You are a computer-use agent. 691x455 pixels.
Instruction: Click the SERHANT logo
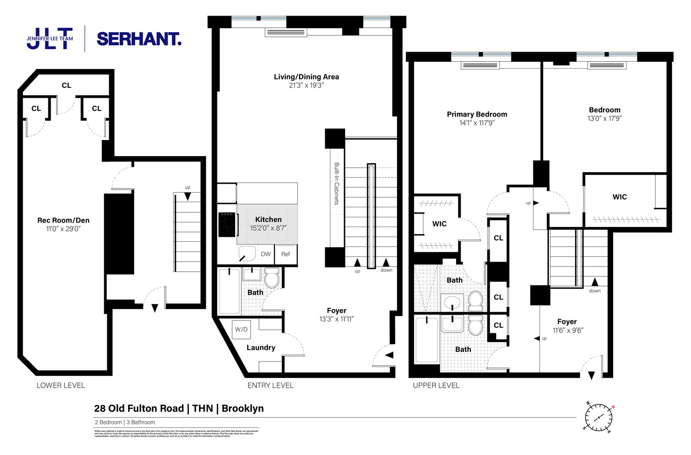pos(139,39)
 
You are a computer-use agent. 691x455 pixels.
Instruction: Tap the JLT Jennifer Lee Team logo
pos(50,38)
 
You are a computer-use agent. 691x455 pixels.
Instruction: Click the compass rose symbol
pos(599,417)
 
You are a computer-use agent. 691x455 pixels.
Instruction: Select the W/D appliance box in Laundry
pos(241,329)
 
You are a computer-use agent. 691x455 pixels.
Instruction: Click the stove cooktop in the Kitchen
pos(227,224)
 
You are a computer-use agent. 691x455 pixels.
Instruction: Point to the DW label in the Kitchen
pos(266,254)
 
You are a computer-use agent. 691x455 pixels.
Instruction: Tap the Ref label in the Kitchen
pos(286,254)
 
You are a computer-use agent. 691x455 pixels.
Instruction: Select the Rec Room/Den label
pos(63,220)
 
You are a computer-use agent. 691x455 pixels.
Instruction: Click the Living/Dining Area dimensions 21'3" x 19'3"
pos(306,85)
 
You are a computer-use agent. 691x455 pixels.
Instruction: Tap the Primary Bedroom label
pos(477,114)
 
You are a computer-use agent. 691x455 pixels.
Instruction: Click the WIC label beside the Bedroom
pos(620,197)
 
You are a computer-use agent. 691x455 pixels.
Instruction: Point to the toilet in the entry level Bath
pos(272,278)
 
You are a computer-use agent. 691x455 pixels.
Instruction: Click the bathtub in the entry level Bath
pos(229,292)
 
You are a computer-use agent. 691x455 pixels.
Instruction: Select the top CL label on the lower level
pos(66,85)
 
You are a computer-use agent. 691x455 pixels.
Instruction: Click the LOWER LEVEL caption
pos(61,385)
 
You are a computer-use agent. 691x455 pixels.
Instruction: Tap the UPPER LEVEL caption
pos(436,385)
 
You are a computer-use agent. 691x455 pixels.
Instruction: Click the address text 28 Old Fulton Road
pos(139,408)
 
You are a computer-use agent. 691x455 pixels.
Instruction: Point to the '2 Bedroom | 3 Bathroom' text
pos(125,422)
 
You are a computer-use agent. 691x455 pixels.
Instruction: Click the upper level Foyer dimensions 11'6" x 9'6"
pos(568,330)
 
